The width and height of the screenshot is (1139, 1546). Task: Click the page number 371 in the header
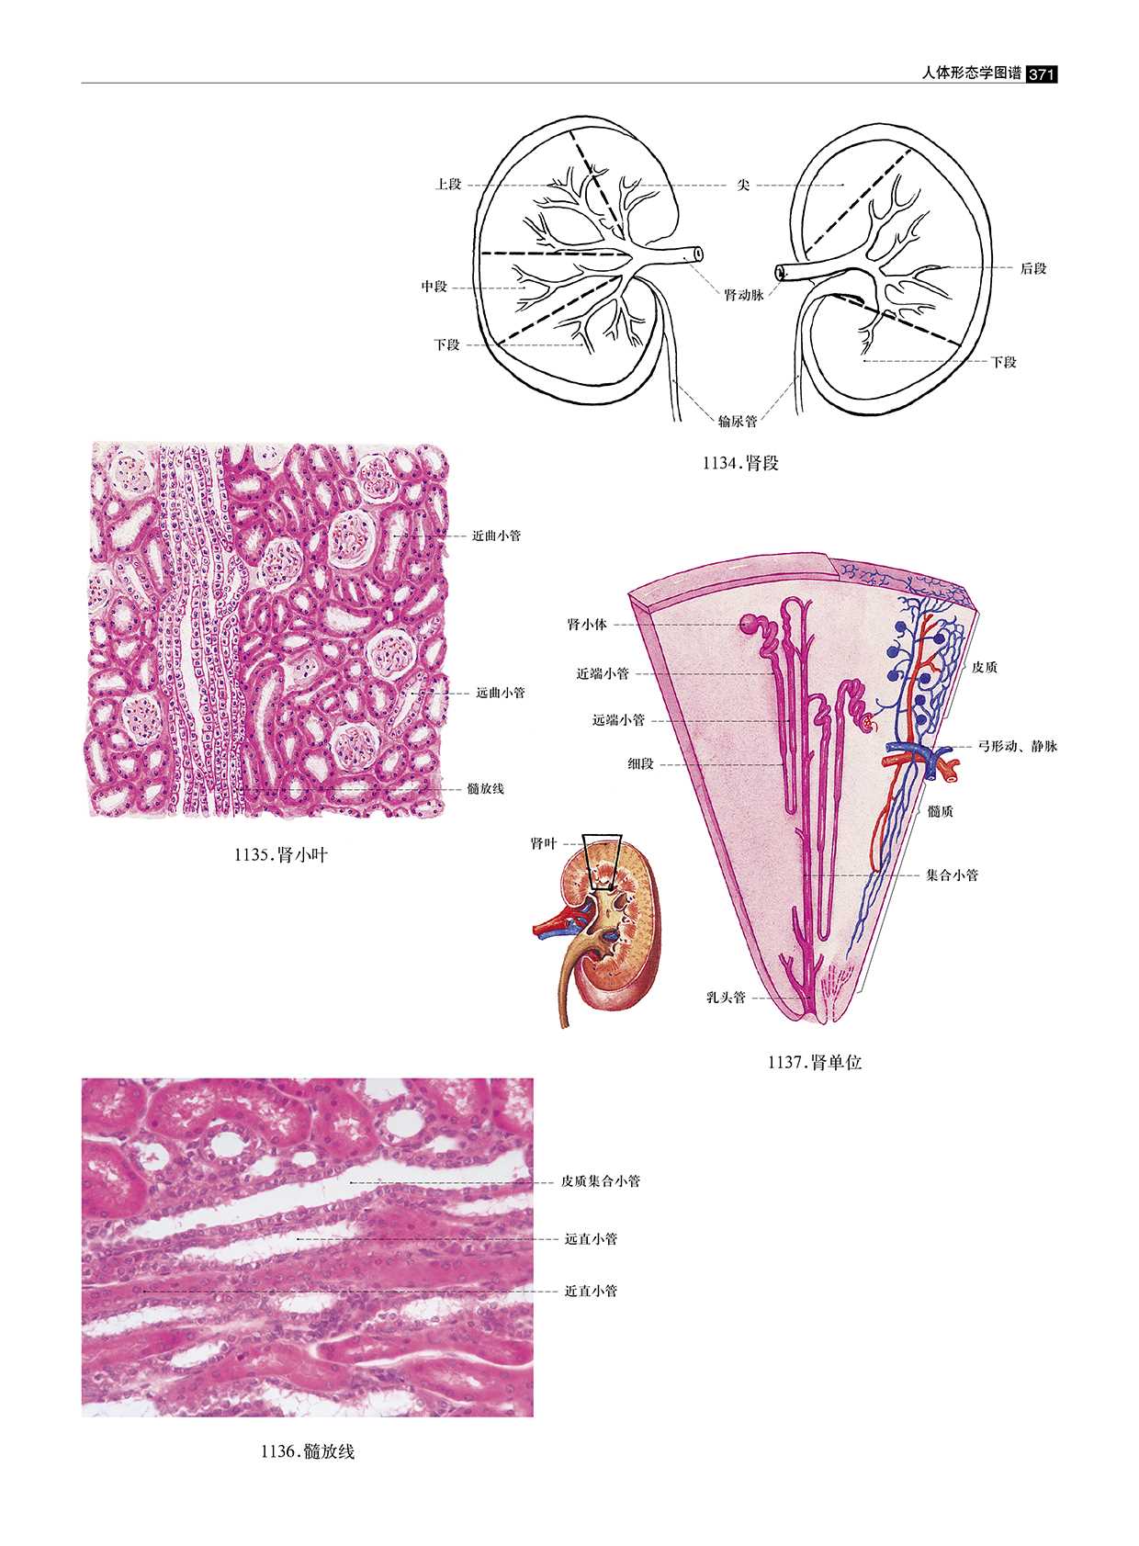[x=1042, y=74]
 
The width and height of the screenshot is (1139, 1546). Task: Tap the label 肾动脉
[x=743, y=295]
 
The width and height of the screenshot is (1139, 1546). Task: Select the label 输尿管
[x=738, y=422]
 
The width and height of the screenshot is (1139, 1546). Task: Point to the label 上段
[x=448, y=185]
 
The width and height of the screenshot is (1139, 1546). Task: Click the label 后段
[x=1033, y=269]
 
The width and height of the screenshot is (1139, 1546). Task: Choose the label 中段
[x=434, y=287]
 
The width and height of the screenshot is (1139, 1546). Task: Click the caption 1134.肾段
[x=740, y=463]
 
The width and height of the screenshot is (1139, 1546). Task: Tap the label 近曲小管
[x=496, y=536]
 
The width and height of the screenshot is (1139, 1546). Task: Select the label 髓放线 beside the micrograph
[x=485, y=788]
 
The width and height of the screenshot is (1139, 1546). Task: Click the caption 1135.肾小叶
[x=281, y=855]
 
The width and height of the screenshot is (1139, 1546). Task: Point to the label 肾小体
[x=587, y=625]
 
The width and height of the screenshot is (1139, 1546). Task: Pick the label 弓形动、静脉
[x=1018, y=746]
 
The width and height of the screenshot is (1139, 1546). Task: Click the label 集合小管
[x=952, y=875]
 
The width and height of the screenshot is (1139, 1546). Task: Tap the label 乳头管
[x=726, y=998]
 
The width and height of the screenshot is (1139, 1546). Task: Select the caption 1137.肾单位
[x=815, y=1063]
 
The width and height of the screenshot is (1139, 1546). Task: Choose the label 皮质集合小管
[x=601, y=1181]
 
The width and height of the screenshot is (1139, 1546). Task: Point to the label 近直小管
[x=591, y=1291]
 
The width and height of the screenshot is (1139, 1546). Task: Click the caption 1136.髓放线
[x=308, y=1451]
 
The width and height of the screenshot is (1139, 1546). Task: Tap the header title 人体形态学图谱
[x=971, y=73]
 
